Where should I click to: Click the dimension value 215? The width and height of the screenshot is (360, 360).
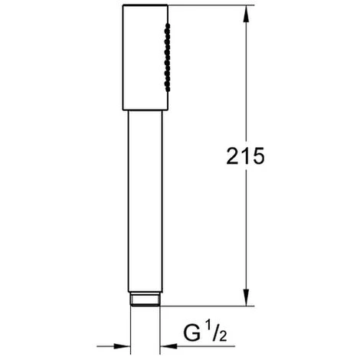pyautogui.click(x=245, y=156)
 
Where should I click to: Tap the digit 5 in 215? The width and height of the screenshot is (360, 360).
pyautogui.click(x=258, y=156)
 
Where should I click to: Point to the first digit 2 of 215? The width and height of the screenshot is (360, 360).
pyautogui.click(x=232, y=156)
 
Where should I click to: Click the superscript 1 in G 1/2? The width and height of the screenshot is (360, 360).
pyautogui.click(x=208, y=327)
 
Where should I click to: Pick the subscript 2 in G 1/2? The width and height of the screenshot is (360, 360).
pyautogui.click(x=222, y=336)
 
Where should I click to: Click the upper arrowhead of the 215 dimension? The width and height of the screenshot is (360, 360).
pyautogui.click(x=246, y=15)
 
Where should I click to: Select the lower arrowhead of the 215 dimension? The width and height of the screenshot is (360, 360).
pyautogui.click(x=246, y=297)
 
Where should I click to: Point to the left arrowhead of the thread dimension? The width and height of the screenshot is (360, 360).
pyautogui.click(x=122, y=346)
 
